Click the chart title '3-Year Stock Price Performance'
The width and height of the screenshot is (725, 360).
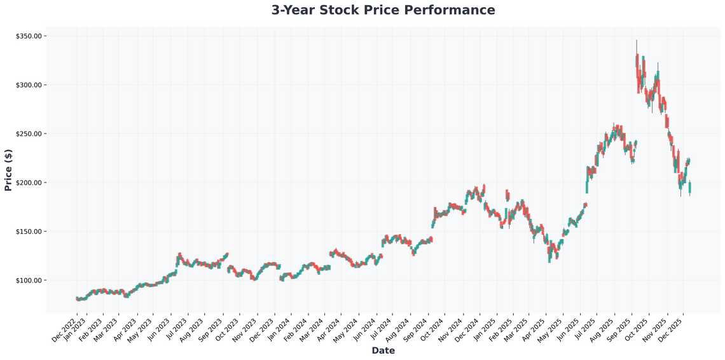pyautogui.click(x=383, y=10)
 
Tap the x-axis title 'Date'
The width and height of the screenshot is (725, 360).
pyautogui.click(x=383, y=350)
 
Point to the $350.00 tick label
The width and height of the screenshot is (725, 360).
pyautogui.click(x=29, y=36)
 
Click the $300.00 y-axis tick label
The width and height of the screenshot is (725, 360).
pyautogui.click(x=29, y=85)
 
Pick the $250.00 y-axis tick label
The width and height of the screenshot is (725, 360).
pyautogui.click(x=29, y=134)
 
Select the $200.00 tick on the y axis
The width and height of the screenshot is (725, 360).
pyautogui.click(x=29, y=183)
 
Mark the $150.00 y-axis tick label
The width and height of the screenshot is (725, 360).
pyautogui.click(x=29, y=232)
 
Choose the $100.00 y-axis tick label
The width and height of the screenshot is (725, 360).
pyautogui.click(x=29, y=280)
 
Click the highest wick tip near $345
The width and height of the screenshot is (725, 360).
pyautogui.click(x=637, y=41)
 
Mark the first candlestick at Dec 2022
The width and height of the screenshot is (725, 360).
pyautogui.click(x=77, y=298)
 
